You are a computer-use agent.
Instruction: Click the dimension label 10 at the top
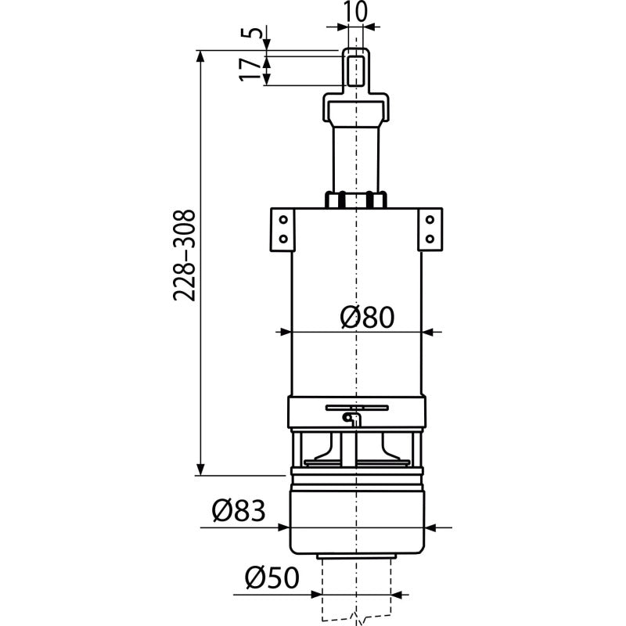(354, 11)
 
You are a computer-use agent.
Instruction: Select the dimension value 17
(250, 70)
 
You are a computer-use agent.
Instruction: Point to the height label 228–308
(184, 255)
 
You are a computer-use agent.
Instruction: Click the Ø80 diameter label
(367, 318)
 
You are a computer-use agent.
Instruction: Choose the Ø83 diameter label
(239, 511)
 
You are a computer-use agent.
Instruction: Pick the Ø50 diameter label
(272, 577)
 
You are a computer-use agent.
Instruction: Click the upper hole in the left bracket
(283, 220)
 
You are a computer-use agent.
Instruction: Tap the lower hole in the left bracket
(283, 239)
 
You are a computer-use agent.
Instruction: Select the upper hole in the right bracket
(430, 220)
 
